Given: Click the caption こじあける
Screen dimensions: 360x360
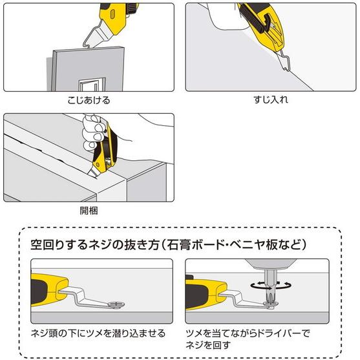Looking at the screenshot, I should [89, 101].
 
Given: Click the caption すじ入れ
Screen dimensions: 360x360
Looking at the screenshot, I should [270, 101].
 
